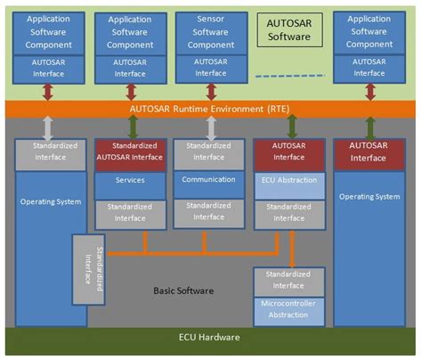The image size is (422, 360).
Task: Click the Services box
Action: coord(130,180)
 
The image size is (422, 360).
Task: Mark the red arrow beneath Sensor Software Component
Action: coord(211,91)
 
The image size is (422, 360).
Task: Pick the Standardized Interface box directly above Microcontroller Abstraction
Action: coord(288,281)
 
